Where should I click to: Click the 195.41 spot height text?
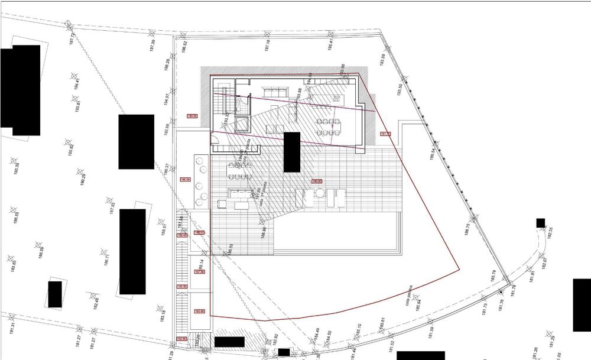pos(330,44)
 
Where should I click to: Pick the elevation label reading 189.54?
pos(433,154)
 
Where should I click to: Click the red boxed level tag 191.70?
pos(385,134)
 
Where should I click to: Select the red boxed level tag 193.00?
pos(192,116)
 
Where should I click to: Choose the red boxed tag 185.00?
pos(199,312)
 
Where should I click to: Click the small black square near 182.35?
pos(540,223)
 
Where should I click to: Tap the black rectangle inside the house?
pos(292,152)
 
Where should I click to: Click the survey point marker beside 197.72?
pos(69,25)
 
